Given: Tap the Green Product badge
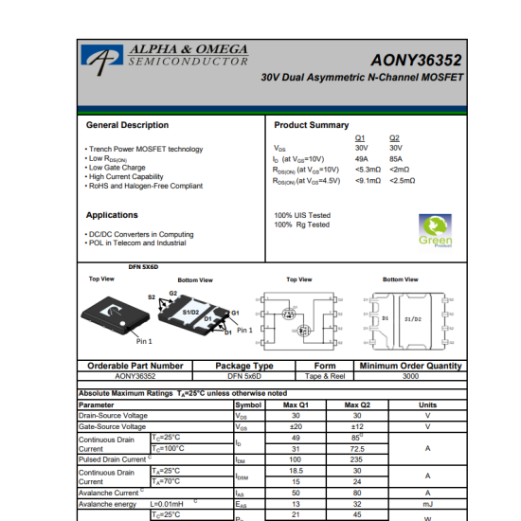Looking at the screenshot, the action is click(x=435, y=231).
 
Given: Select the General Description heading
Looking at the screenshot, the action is click(x=127, y=125).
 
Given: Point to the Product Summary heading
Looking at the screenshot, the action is click(x=311, y=125).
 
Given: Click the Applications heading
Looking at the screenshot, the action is click(x=112, y=215).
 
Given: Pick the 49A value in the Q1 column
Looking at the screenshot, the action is click(x=361, y=159).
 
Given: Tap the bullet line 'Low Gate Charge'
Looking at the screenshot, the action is click(x=117, y=168).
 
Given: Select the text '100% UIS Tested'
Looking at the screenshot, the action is click(x=301, y=215).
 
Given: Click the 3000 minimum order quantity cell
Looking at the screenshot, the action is click(x=410, y=376).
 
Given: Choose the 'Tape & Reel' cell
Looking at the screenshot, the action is click(x=324, y=376).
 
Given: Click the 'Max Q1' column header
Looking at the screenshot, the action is click(x=295, y=404).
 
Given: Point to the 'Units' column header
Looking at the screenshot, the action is click(x=427, y=404).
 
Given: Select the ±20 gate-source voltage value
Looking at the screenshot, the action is click(x=295, y=426).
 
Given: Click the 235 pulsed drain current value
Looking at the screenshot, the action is click(x=357, y=459).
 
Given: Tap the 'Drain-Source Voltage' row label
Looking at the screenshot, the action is click(x=113, y=416).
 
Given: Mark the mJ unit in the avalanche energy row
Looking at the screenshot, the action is click(x=427, y=504).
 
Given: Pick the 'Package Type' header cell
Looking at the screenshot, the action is click(x=244, y=366).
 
